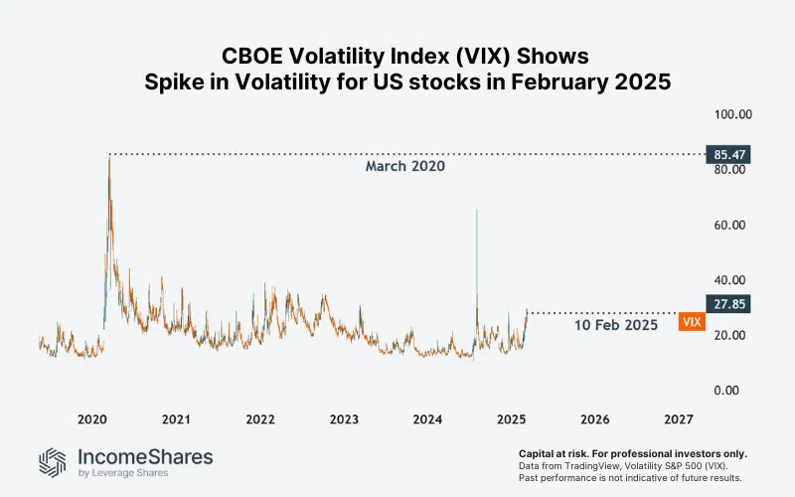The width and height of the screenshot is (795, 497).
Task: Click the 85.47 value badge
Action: [x=729, y=154]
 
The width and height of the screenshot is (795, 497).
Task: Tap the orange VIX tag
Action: [x=693, y=322]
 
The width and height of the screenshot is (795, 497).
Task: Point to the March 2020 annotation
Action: [x=404, y=167]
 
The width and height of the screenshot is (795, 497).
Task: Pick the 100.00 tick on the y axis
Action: [x=730, y=114]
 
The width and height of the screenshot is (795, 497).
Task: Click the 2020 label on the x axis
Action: [x=91, y=419]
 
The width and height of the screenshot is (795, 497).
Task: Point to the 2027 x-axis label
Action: [x=679, y=419]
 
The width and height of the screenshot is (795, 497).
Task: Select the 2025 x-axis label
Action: [x=511, y=419]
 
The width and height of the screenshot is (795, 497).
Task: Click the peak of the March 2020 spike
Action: [x=109, y=156]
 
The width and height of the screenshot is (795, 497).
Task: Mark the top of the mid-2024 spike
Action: [x=477, y=210]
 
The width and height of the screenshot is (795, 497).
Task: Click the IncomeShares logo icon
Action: [x=54, y=462]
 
